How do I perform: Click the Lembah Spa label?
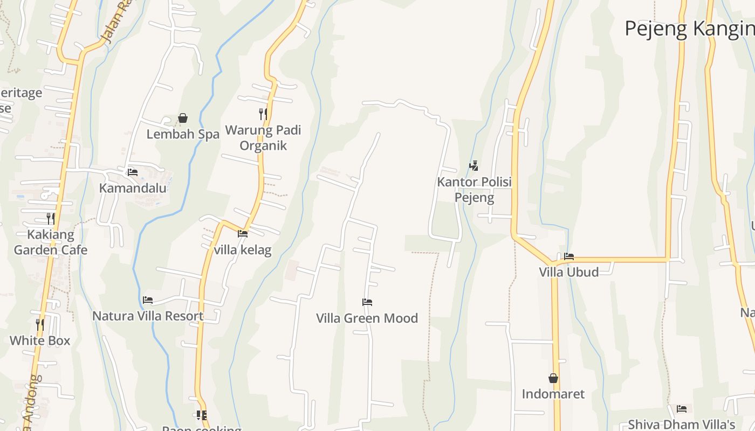click(183, 134)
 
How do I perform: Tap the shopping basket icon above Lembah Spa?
click(183, 118)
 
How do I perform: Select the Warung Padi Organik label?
click(263, 138)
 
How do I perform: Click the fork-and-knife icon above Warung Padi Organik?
click(263, 114)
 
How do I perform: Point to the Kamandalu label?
click(133, 188)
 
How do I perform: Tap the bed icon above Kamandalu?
click(133, 172)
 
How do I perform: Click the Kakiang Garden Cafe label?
click(50, 242)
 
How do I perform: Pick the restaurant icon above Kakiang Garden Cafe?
click(51, 219)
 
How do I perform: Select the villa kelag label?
click(243, 250)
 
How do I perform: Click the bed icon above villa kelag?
click(243, 234)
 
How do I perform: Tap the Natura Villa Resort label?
click(148, 316)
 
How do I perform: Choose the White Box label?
click(40, 340)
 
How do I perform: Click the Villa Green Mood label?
click(367, 318)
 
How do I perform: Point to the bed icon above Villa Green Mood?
click(367, 302)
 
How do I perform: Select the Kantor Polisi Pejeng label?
click(474, 190)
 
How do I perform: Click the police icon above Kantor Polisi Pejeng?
click(473, 166)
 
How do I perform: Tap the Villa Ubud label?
click(569, 272)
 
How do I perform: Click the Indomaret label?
click(553, 394)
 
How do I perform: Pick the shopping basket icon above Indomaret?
click(553, 378)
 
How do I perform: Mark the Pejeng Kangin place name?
click(689, 29)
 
